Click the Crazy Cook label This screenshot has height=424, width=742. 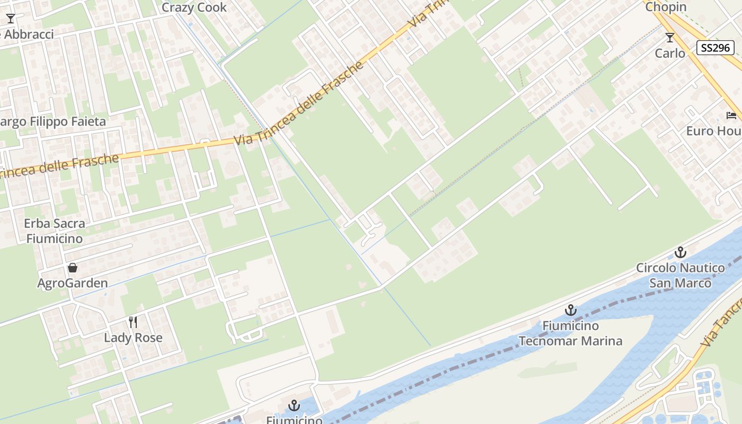point(194,7)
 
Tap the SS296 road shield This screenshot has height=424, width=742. point(715,48)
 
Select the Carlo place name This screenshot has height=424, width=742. point(670,53)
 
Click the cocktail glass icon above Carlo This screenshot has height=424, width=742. point(670,38)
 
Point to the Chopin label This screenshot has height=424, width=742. point(666,7)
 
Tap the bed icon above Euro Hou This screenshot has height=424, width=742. point(732,116)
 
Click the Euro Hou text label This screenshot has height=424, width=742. point(713,130)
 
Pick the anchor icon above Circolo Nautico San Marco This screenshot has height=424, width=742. point(681,252)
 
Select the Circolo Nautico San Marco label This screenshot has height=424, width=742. point(681,275)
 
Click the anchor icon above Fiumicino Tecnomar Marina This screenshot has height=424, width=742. point(571,310)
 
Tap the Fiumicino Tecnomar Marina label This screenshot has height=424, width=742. point(570,333)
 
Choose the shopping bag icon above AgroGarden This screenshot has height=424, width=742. point(73,268)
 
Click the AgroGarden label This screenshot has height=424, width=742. point(73,283)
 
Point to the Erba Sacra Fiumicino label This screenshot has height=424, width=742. point(54,231)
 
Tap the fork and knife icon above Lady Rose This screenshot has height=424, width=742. point(133,322)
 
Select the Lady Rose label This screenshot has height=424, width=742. point(133,338)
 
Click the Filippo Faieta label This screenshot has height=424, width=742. point(53,121)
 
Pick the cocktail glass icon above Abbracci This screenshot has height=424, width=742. point(11,19)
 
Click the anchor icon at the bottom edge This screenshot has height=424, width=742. point(294,406)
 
